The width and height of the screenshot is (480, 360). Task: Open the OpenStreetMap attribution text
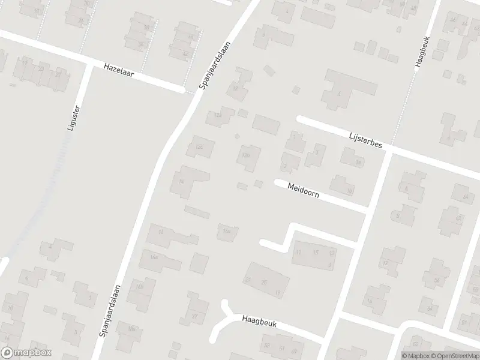[448, 355]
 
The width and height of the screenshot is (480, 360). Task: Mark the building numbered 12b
[245, 155]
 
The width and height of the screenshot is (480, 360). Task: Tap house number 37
[194, 316]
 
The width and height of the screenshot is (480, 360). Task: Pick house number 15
[316, 253]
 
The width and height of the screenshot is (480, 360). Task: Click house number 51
[281, 347]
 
